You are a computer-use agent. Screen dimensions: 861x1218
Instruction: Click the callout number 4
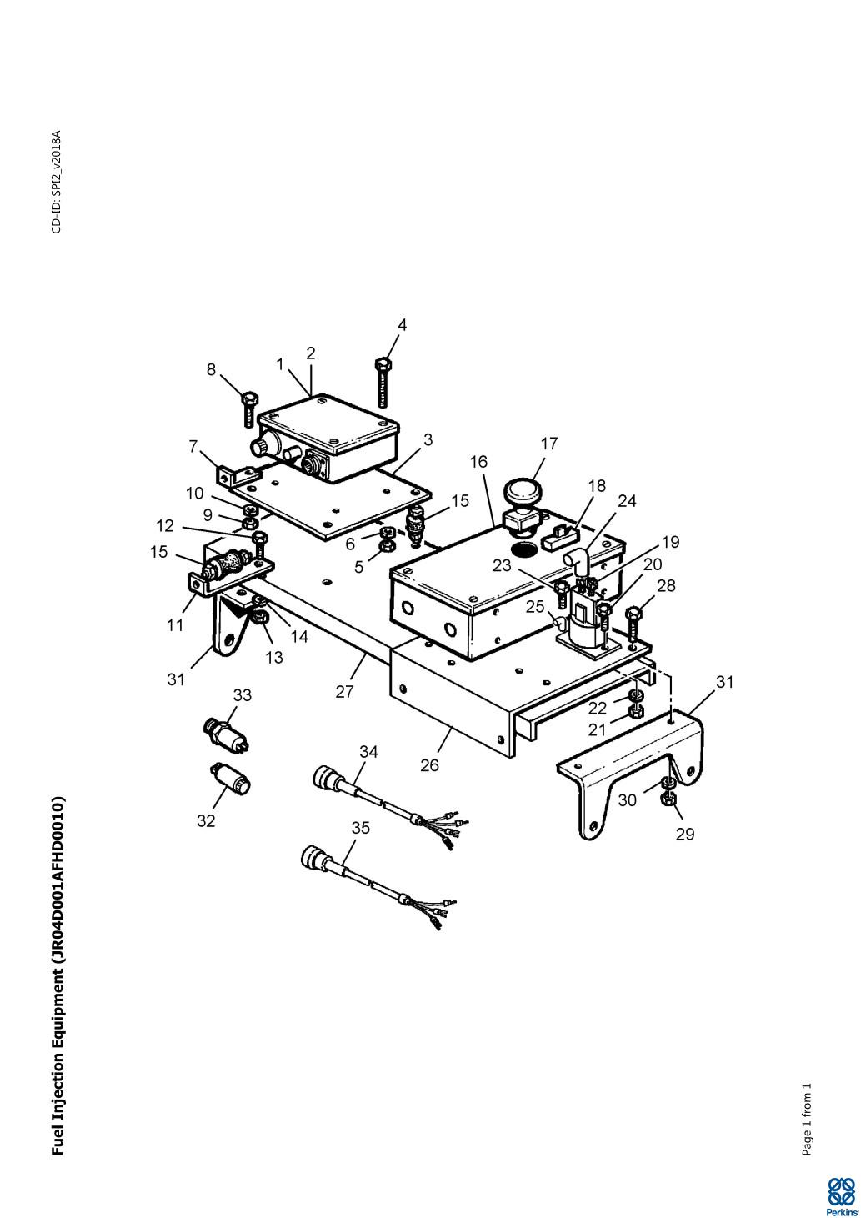[402, 324]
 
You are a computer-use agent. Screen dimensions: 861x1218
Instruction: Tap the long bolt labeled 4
[383, 383]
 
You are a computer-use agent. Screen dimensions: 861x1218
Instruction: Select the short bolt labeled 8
[248, 409]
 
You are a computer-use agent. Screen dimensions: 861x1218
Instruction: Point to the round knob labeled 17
[523, 492]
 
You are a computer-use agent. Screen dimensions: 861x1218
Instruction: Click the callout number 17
[549, 444]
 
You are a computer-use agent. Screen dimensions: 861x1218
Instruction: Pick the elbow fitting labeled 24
[575, 561]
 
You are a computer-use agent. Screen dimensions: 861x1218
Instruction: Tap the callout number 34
[368, 751]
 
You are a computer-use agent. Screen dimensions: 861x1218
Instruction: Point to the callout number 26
[429, 765]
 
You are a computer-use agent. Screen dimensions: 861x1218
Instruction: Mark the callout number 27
[344, 692]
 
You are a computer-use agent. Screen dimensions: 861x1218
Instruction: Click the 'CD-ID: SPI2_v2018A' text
[57, 182]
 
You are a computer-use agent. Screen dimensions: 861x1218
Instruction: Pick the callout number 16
[479, 462]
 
